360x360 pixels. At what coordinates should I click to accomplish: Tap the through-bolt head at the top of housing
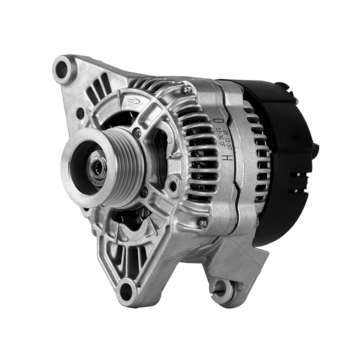(x=188, y=90)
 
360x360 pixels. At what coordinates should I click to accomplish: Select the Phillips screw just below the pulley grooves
(x=144, y=192)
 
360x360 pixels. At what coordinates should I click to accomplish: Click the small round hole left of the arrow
(x=80, y=113)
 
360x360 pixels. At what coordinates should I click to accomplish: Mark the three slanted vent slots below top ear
(x=98, y=88)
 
